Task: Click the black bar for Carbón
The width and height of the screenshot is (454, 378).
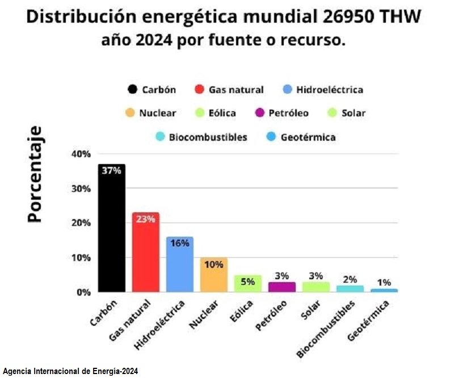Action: [111, 233]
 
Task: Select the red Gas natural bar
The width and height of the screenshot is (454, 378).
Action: [145, 255]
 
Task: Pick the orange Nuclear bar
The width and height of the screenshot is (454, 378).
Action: [213, 277]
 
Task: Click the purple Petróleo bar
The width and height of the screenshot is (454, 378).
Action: [281, 287]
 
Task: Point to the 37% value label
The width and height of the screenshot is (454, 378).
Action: [111, 170]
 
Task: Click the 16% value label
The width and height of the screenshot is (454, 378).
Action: [179, 243]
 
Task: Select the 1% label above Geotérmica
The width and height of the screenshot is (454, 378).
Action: [384, 282]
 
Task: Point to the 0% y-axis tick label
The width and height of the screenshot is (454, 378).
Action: [83, 292]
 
